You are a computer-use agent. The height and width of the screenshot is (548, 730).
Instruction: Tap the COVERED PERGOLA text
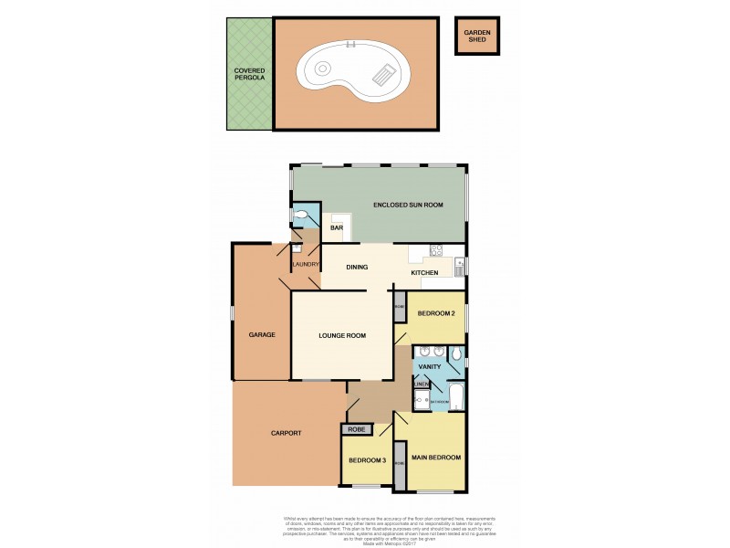pos(249,75)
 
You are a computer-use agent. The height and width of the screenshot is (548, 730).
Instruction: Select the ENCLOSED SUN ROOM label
pos(408,205)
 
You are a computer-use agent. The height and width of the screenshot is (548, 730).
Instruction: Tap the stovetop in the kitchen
pos(436,249)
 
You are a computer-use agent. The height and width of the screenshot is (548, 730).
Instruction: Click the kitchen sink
pos(459,267)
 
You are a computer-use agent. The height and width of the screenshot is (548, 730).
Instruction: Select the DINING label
pos(357,268)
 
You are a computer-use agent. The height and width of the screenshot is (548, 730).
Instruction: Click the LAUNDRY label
pos(305,265)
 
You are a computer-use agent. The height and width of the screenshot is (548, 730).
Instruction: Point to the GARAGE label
pos(262,334)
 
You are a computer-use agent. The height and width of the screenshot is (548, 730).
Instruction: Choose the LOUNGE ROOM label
pos(342,335)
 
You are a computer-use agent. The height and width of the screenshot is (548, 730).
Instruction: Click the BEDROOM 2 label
pos(435,313)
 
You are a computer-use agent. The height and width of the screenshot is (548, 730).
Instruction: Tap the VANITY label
pos(429,366)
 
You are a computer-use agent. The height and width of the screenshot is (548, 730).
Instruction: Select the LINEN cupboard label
pos(421,385)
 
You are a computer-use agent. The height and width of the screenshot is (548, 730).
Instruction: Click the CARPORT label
pos(287,433)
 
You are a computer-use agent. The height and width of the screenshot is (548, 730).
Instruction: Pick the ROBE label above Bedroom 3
pos(355,428)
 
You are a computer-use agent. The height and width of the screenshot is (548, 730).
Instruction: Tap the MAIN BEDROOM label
pos(437,457)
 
